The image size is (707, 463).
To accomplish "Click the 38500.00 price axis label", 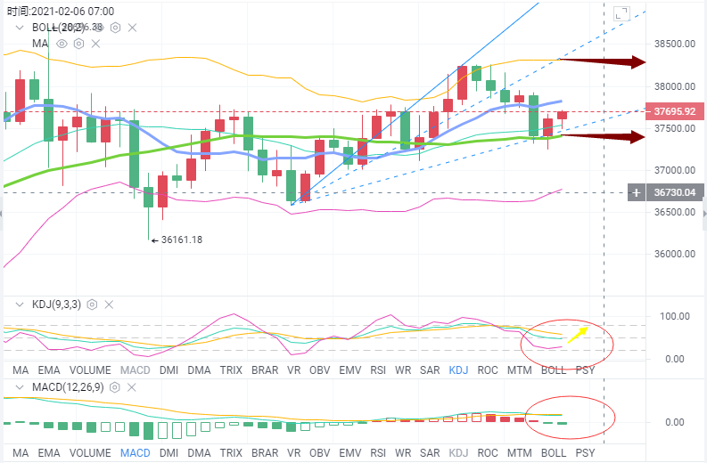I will pos(675,44).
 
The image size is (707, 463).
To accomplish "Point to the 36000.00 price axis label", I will pos(675,254).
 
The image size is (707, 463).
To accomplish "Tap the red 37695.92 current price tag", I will pos(674,112).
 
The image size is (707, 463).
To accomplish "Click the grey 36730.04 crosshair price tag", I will pos(674,191).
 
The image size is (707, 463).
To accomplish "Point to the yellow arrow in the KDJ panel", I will pos(579,333).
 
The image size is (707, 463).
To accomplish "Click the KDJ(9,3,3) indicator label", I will pos(56,305).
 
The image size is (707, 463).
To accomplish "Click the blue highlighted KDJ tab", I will pos(459,370).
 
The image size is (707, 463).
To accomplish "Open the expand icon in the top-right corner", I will pos(621,12).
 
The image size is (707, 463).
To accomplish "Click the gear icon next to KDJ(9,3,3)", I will pos(92,305).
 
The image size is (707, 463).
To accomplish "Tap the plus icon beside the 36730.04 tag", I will pos(636,191).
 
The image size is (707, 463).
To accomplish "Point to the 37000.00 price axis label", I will pos(675,170).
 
